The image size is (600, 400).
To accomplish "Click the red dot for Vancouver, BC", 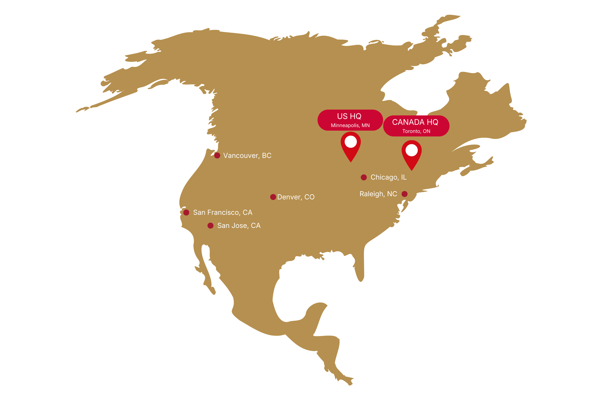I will [217, 155].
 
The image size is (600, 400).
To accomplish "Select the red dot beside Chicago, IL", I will [364, 177].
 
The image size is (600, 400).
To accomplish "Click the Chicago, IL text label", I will [388, 177].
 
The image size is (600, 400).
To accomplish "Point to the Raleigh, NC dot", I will [404, 194].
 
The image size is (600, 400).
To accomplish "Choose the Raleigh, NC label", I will [378, 194].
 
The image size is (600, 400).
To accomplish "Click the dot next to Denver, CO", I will [273, 197].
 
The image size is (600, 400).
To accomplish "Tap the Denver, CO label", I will [296, 197].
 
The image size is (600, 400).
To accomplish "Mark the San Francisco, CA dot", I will [186, 212].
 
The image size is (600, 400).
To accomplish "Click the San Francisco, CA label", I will [222, 212].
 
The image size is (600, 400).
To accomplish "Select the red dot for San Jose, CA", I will [210, 225].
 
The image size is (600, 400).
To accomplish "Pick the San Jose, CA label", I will [239, 225].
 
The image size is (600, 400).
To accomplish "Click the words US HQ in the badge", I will [349, 116].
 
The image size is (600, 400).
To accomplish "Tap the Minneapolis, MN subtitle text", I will [350, 125].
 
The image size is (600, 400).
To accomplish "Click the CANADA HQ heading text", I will [415, 122].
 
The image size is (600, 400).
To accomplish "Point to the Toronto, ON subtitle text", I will [416, 131].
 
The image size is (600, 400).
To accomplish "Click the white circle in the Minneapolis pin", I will [351, 142].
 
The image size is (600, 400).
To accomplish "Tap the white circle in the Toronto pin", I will [411, 150].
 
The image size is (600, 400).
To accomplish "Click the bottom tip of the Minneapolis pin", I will [351, 161].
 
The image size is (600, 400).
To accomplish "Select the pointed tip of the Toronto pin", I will [411, 170].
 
